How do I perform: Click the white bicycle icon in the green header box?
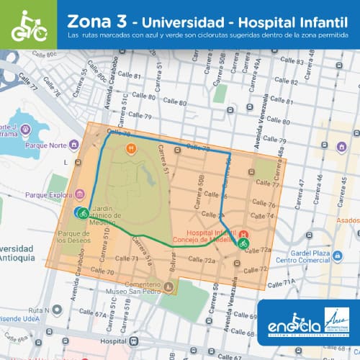(x=28, y=25)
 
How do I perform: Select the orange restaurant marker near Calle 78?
(x=131, y=149)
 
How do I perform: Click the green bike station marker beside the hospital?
(x=241, y=244)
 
